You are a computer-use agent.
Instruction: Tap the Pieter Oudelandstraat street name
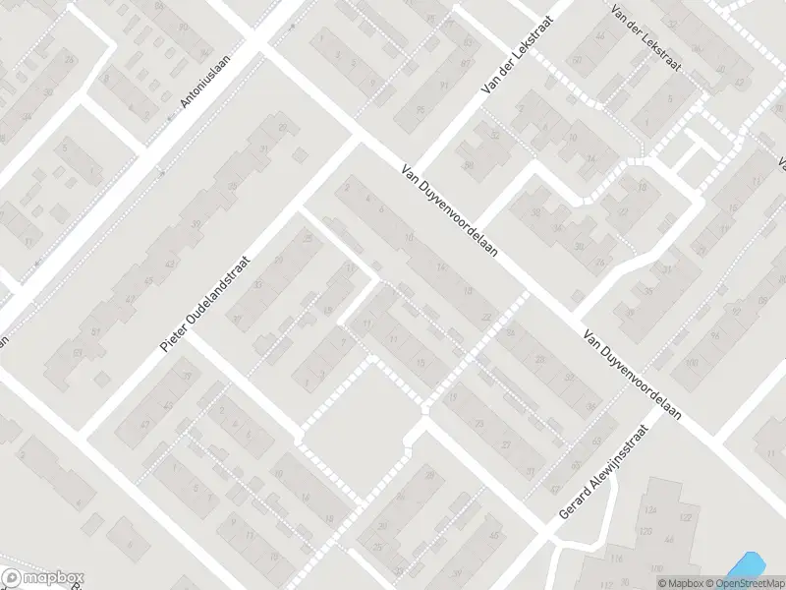pos(206,304)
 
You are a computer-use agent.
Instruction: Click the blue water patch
pos(744,565)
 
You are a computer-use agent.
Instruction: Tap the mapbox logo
pos(43,578)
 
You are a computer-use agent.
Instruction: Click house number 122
pos(685,517)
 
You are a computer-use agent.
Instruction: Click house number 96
pos(713,334)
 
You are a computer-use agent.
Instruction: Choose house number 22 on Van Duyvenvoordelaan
pos(485,316)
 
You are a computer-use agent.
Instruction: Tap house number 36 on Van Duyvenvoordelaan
pos(590,405)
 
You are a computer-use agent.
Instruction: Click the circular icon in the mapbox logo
pos(12,578)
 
